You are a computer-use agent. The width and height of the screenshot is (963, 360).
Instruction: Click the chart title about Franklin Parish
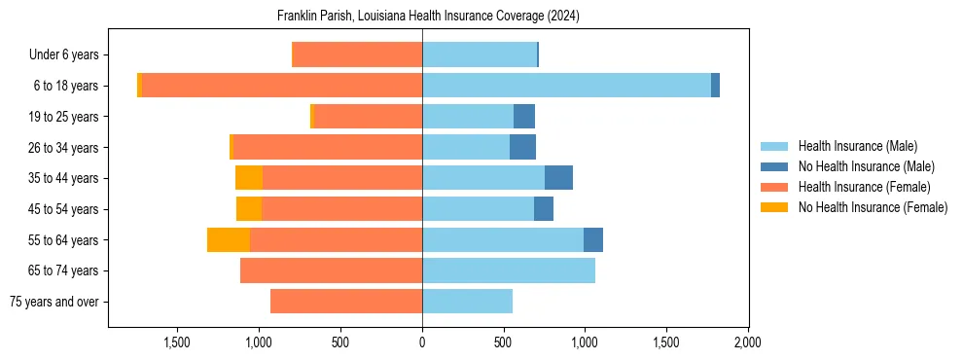(x=428, y=17)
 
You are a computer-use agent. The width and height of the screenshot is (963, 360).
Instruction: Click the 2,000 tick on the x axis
(x=747, y=342)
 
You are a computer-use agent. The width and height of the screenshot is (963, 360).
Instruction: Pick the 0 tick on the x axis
(x=422, y=342)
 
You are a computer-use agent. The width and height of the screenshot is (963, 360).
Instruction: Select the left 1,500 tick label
(x=177, y=342)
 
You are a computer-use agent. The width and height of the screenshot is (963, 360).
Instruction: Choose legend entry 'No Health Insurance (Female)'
(x=873, y=207)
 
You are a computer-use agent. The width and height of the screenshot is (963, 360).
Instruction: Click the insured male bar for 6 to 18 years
(x=566, y=86)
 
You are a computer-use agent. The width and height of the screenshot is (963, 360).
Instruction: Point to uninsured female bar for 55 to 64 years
(x=229, y=240)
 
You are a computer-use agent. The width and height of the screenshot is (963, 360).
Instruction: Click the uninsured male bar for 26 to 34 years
(x=522, y=147)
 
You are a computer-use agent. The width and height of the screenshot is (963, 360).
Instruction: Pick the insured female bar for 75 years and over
(x=346, y=302)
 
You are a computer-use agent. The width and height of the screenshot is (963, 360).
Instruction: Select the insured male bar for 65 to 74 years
(x=509, y=270)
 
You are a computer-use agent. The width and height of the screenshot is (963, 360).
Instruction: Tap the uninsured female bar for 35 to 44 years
(x=249, y=178)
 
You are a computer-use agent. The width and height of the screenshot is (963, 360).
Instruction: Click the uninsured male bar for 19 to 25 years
(x=524, y=117)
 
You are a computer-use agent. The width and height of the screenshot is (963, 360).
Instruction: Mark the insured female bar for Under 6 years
(x=357, y=54)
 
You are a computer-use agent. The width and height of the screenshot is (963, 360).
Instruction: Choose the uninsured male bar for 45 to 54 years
(x=544, y=209)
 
